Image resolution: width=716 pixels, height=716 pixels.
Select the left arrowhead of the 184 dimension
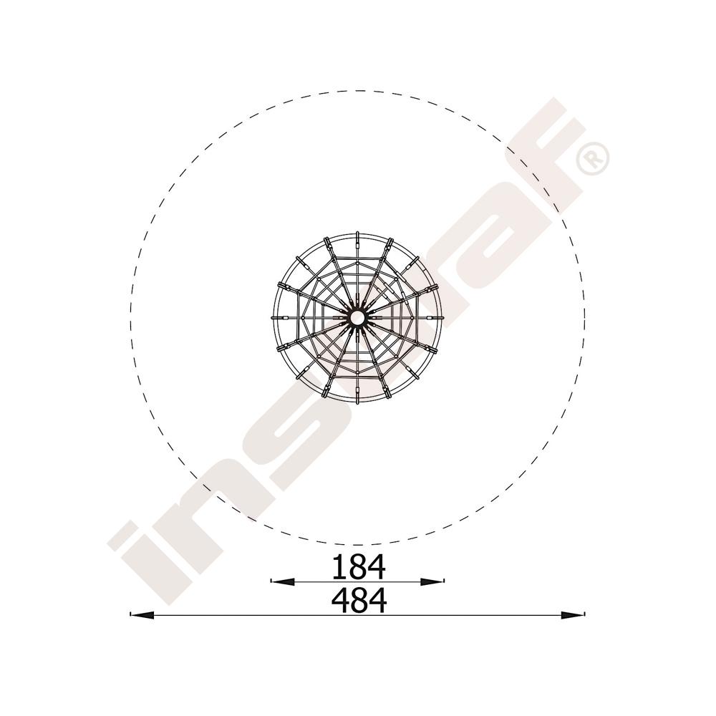pos(283,581)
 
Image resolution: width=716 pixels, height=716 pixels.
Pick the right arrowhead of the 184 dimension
pos(432,581)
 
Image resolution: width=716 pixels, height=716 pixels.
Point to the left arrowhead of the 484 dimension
pos(142,614)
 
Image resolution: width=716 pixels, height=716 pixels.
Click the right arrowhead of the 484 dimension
pos(573,614)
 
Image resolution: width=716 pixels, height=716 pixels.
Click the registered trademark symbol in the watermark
pos(592,158)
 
